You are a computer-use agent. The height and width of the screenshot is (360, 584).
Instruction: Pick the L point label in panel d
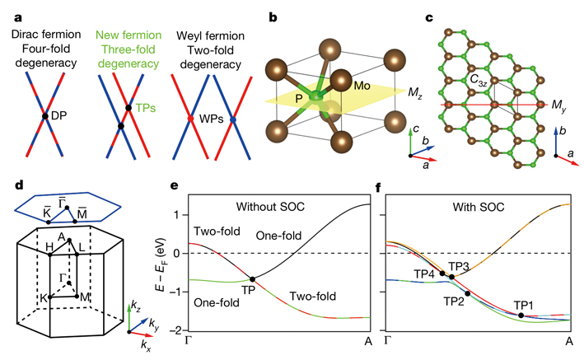[91, 246]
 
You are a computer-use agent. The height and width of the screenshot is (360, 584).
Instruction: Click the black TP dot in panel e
[252, 279]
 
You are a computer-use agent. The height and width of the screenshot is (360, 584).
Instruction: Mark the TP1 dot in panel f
[521, 316]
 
